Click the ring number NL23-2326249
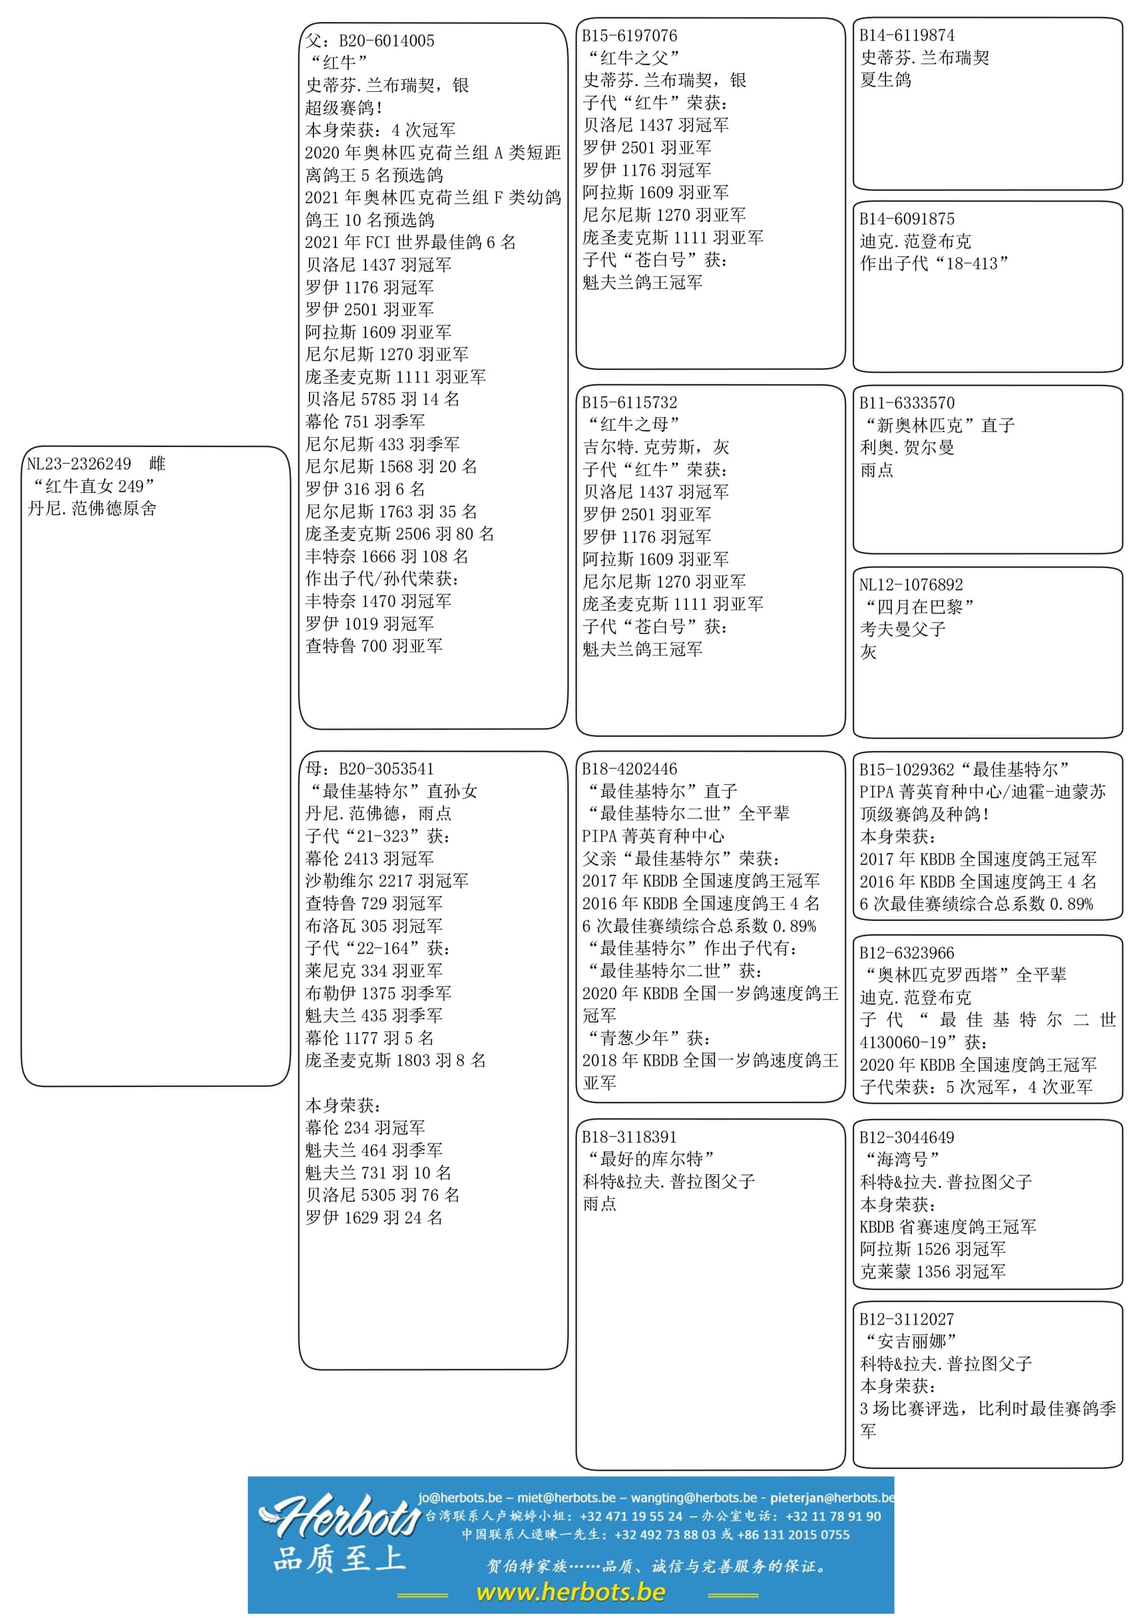[x=79, y=464]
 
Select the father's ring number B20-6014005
[x=386, y=41]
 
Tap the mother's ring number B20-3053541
[x=386, y=769]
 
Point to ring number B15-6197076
[x=630, y=35]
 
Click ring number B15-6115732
[x=630, y=403]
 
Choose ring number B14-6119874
[x=907, y=35]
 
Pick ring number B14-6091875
[x=907, y=219]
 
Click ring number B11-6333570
[x=907, y=403]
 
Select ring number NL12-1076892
[x=911, y=584]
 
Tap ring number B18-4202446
[x=630, y=769]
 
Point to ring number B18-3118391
[x=630, y=1137]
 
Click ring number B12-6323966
[x=907, y=953]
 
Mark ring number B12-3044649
[x=907, y=1138]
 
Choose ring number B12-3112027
[x=907, y=1319]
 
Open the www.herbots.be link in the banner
[x=571, y=1592]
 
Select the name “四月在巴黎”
[x=918, y=607]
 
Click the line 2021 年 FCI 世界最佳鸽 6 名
[x=410, y=242]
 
